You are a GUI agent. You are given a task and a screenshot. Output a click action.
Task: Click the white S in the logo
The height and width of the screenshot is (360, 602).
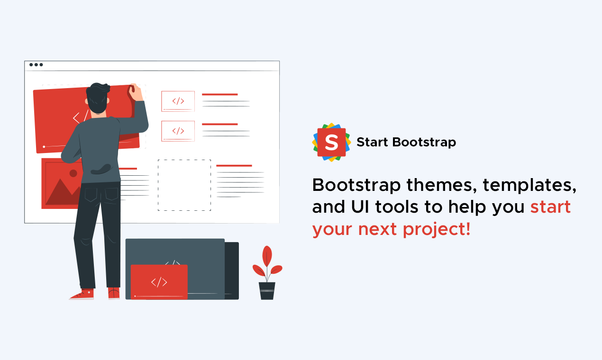pos(331,142)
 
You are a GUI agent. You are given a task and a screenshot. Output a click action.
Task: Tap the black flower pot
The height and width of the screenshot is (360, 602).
pos(267,290)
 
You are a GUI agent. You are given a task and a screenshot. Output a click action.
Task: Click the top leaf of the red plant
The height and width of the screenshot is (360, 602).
pos(267,256)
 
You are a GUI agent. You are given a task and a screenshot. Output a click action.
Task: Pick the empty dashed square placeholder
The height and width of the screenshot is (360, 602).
pos(184,185)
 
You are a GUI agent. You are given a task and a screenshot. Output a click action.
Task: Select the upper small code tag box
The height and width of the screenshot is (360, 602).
pos(178,101)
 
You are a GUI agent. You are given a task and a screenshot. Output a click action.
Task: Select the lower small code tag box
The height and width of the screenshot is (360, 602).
pos(178,131)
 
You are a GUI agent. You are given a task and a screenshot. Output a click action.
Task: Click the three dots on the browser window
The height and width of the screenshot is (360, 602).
pos(36,65)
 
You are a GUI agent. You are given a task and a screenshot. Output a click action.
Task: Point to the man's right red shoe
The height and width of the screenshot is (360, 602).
pos(114,294)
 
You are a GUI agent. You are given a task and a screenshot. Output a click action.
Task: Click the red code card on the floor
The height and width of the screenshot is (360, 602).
pos(159,282)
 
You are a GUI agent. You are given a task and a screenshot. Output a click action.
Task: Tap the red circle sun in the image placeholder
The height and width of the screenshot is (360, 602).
pos(73,173)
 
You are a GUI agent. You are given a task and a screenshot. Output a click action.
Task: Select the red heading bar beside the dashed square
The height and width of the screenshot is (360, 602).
pos(234,165)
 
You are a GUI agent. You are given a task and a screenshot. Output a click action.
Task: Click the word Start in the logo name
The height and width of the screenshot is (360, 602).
pos(373,142)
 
